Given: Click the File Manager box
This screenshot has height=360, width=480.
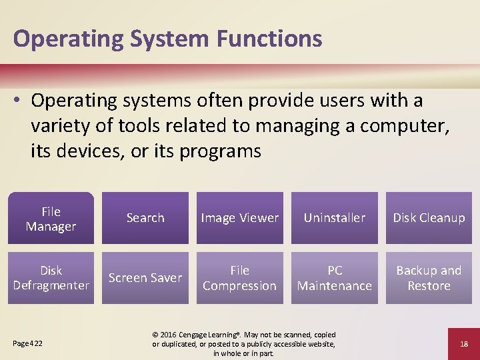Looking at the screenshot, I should tap(51, 219).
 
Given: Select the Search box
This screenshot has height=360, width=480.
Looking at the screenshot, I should tap(145, 218).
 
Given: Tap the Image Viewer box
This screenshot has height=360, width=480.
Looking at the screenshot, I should tap(240, 218).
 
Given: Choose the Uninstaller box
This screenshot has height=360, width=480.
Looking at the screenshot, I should tap(335, 218).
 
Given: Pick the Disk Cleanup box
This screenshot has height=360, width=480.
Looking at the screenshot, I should tap(429, 218).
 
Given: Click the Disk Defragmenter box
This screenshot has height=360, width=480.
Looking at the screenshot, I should tap(51, 278).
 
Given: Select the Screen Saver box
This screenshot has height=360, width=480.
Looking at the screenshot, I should tap(145, 278).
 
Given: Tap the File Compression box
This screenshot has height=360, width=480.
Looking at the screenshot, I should tap(240, 278).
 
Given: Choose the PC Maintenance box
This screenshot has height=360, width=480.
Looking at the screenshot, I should tap(335, 278).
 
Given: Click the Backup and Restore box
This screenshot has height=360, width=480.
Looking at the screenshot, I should tap(429, 278).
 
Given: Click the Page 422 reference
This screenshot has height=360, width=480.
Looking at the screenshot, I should tap(28, 343).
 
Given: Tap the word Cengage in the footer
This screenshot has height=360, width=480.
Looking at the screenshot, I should tap(199, 335).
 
